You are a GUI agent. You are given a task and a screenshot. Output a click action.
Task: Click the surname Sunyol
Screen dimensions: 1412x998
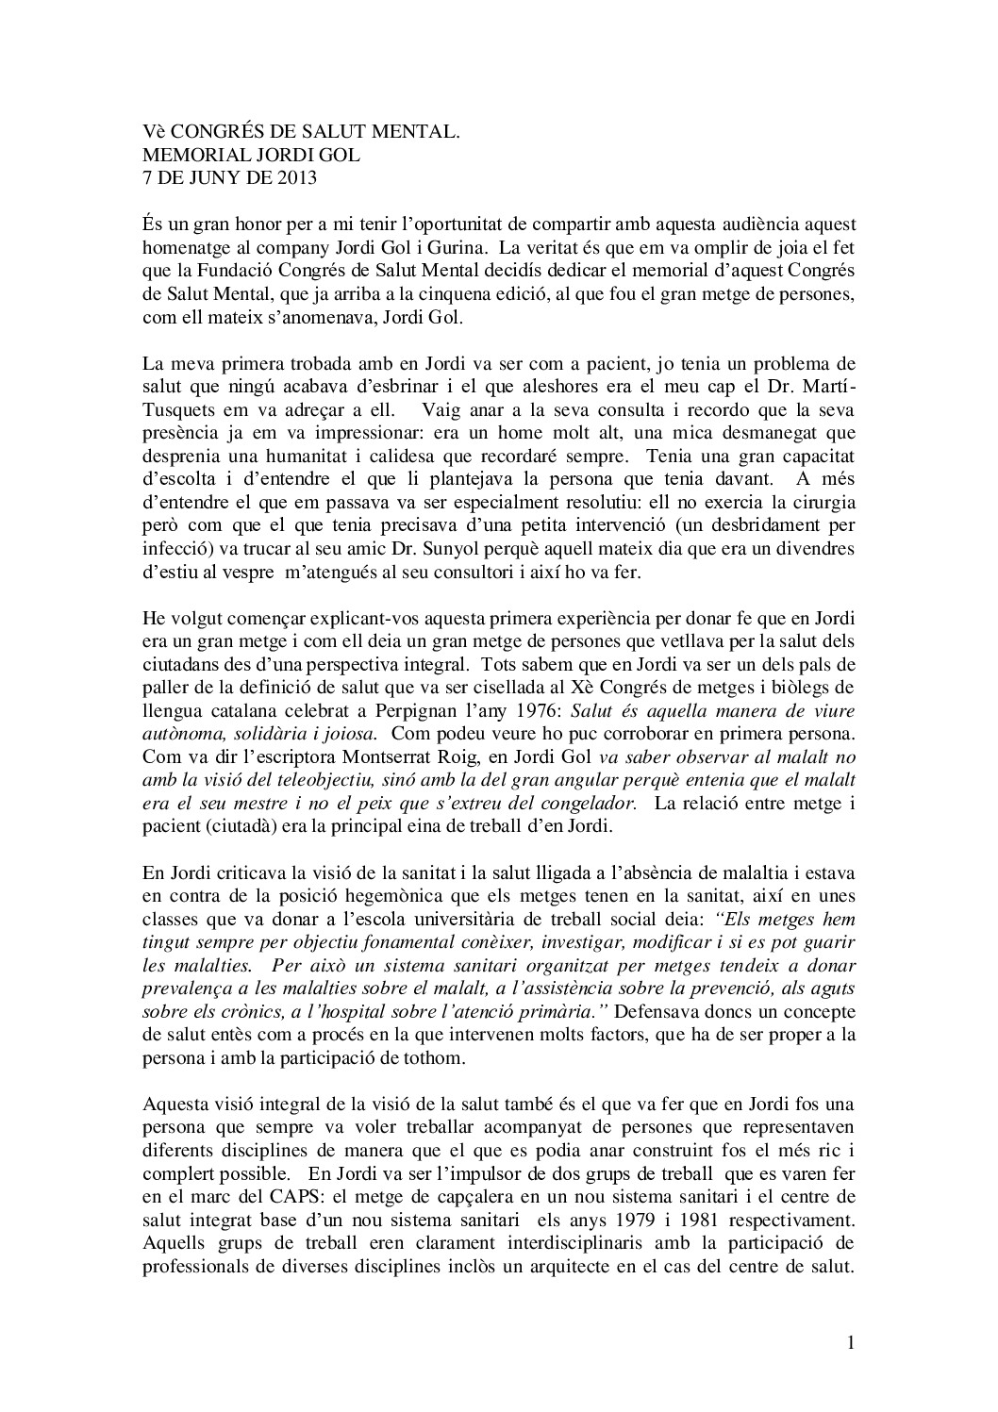(541, 548)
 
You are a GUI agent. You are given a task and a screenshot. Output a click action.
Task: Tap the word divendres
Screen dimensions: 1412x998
(812, 548)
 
